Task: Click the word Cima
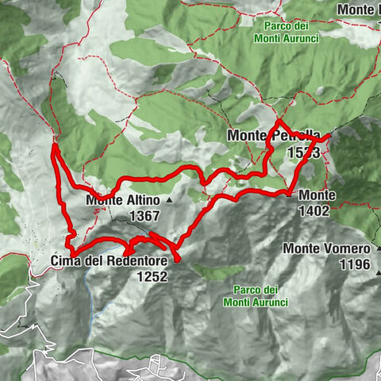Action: coord(67,261)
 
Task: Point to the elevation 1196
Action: coord(354,264)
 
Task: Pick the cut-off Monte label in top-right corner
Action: coord(358,10)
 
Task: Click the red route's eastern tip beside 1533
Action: coord(329,137)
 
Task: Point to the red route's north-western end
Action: coord(53,144)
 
